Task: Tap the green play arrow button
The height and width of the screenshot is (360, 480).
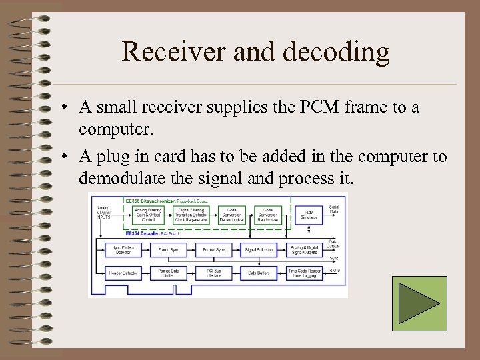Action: (x=419, y=304)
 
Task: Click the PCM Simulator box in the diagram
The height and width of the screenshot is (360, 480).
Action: (x=308, y=214)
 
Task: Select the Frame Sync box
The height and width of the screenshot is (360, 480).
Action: (x=167, y=250)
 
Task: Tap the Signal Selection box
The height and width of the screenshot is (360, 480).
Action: (x=259, y=250)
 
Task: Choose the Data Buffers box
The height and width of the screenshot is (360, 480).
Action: (x=259, y=273)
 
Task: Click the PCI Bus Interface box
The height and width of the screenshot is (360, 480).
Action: (x=213, y=273)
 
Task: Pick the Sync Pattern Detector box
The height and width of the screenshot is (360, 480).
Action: (x=121, y=250)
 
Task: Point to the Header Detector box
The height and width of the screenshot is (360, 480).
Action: (x=121, y=273)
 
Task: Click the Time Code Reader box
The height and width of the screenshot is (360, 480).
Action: (x=305, y=273)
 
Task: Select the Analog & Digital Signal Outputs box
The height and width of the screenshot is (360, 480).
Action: (x=305, y=250)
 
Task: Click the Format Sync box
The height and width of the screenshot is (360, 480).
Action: (x=213, y=250)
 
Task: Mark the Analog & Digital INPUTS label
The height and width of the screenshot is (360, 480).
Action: (x=104, y=213)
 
